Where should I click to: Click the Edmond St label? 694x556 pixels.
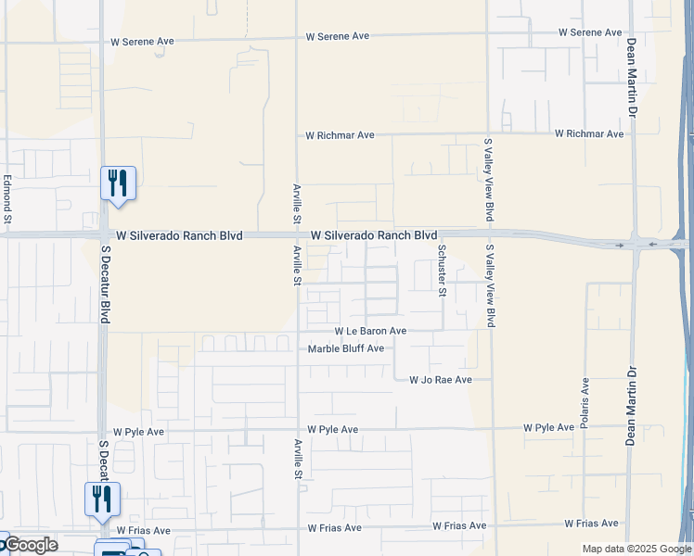pos(6,200)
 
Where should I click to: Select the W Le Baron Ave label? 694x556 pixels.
pos(370,331)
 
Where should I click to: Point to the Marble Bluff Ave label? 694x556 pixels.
pos(346,348)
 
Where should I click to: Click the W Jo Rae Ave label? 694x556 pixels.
pos(441,380)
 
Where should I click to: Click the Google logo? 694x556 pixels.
pos(30,545)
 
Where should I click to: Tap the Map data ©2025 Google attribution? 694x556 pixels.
pos(636,550)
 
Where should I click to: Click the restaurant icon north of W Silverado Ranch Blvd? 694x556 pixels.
pos(118,183)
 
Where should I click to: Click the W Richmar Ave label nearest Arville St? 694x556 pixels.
pos(340,135)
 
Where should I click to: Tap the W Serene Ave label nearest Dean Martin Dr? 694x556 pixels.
pos(590,32)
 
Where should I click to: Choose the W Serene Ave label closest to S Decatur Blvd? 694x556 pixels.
pos(142,42)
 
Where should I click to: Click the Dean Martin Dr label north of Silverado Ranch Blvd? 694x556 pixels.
pos(632,78)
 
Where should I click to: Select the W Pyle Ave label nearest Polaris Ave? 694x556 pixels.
pos(548,428)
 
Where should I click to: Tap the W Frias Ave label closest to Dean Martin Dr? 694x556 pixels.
pos(591,524)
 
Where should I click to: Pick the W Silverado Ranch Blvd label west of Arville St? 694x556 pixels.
pos(178,236)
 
